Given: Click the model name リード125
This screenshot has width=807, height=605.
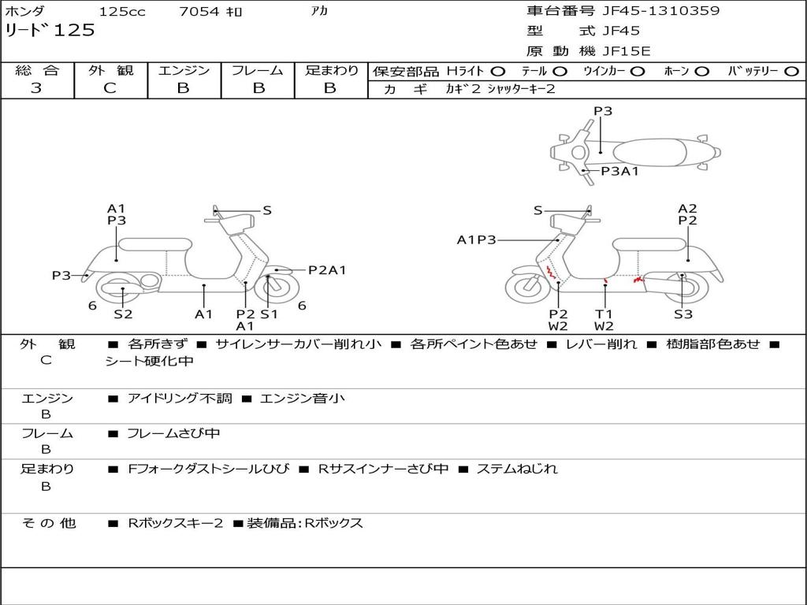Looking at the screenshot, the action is (x=50, y=31).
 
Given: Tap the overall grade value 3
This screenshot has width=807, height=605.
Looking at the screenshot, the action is (x=36, y=88).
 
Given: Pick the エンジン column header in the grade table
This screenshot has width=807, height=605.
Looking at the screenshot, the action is (x=184, y=71).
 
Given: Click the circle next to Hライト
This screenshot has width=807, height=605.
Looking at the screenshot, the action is (x=497, y=72).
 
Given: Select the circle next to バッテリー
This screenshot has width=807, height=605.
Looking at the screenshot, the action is (x=790, y=72).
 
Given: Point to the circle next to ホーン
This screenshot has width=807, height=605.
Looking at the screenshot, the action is (x=701, y=72).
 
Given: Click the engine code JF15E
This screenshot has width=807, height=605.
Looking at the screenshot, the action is (x=627, y=52).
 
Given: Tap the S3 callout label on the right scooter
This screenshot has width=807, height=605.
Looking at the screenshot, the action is (x=682, y=314).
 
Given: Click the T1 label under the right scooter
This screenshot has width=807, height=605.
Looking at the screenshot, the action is (x=604, y=314).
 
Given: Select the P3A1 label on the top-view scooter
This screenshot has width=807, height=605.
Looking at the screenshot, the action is (x=619, y=171).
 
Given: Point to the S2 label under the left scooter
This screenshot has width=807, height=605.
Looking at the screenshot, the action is (x=123, y=314).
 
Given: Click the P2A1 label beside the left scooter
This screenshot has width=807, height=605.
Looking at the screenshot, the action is (x=327, y=270).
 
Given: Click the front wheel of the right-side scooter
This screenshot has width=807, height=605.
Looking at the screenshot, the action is (x=527, y=288).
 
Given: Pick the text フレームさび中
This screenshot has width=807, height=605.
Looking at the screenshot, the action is (x=173, y=433).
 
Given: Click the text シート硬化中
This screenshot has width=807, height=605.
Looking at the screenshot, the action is (x=149, y=362).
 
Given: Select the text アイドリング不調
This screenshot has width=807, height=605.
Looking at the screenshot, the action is (x=180, y=399).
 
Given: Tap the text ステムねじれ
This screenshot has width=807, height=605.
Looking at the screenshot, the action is (x=517, y=469).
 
